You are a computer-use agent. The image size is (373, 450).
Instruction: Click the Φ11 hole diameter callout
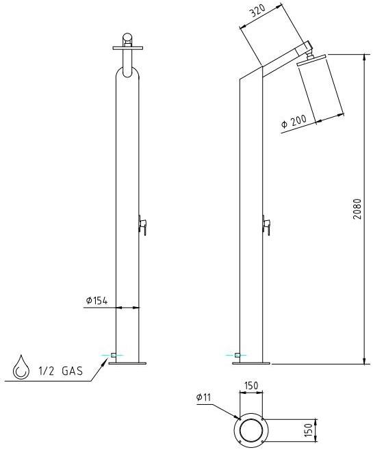tap(203, 397)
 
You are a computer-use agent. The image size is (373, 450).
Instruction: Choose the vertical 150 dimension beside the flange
tap(309, 430)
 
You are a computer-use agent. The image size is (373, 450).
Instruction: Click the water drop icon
tap(21, 369)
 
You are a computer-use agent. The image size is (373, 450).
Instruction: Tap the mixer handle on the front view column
tap(142, 223)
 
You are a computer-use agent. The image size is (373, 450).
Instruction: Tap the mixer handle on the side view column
tap(266, 224)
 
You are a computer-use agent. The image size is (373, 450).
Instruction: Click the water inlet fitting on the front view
tap(112, 356)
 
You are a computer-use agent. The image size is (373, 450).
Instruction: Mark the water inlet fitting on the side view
tap(236, 356)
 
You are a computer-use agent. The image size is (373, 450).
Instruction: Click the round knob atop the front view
tap(127, 38)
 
